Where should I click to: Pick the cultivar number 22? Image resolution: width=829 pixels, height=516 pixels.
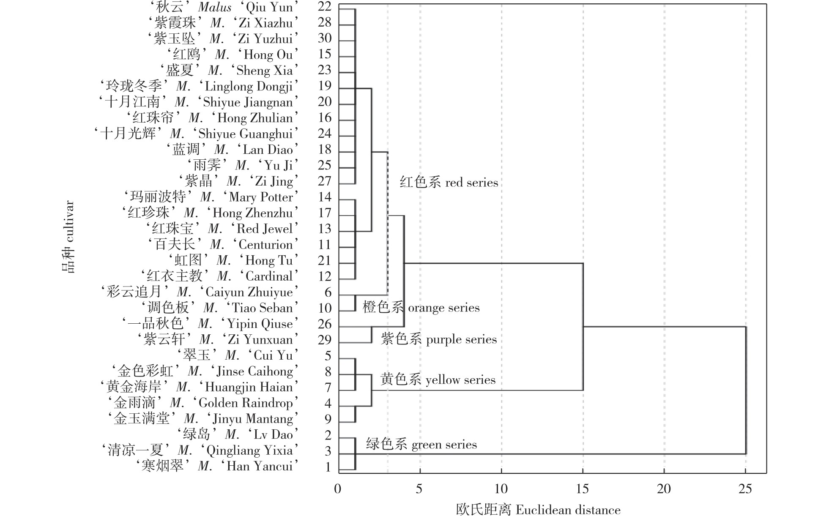[x=325, y=7]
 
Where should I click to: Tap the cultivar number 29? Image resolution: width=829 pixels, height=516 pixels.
[x=325, y=340]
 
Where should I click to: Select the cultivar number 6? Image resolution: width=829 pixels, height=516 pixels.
[x=328, y=292]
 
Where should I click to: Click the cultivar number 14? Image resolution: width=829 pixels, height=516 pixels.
[x=325, y=197]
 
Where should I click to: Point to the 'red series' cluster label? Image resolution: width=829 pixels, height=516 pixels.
[x=449, y=183]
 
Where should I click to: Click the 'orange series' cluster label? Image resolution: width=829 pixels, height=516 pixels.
[x=421, y=308]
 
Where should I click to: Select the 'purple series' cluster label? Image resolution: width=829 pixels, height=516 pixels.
[x=439, y=339]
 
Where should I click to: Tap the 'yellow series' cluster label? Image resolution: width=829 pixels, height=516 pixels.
[x=438, y=379]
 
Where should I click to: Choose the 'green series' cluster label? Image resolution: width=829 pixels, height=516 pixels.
[x=421, y=445]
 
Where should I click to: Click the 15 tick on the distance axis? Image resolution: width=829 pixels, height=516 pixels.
[x=583, y=489]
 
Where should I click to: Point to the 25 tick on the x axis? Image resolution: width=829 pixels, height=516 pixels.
[x=745, y=489]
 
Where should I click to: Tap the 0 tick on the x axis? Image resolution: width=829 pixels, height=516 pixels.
[x=337, y=489]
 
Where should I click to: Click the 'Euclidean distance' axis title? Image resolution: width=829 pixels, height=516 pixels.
[x=538, y=510]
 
